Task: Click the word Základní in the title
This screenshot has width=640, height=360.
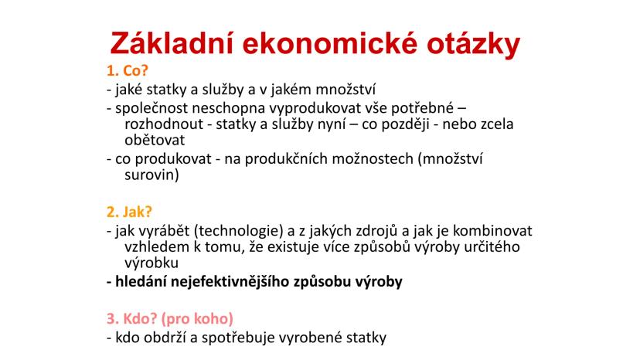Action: [172, 42]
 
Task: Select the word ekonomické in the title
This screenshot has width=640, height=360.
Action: [330, 42]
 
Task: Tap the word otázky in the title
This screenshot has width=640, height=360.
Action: [474, 44]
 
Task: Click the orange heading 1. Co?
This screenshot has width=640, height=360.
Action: [128, 70]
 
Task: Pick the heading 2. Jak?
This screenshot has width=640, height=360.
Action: [129, 212]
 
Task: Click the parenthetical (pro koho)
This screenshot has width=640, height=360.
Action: [198, 319]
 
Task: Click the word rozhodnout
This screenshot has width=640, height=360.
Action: [164, 124]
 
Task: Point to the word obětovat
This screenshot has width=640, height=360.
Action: [155, 140]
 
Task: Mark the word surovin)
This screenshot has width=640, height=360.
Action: [151, 175]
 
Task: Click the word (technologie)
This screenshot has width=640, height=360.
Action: [238, 232]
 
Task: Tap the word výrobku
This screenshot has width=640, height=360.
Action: [151, 263]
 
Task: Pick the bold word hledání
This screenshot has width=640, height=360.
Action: [141, 282]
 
